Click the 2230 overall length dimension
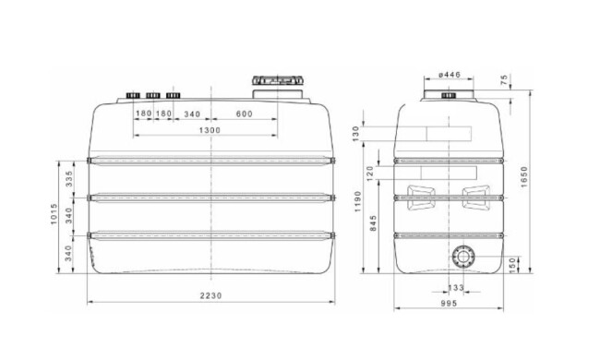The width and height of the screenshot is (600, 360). point(211,295)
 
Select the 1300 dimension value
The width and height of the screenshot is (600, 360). point(210,131)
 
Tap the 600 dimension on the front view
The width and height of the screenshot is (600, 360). point(244,114)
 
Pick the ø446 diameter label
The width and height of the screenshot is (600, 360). point(449,74)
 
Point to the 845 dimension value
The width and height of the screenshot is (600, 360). point(373,226)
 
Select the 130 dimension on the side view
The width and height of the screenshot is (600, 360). point(356,133)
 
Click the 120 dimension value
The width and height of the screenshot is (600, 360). point(371,172)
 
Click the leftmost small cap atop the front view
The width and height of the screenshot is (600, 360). point(133,95)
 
